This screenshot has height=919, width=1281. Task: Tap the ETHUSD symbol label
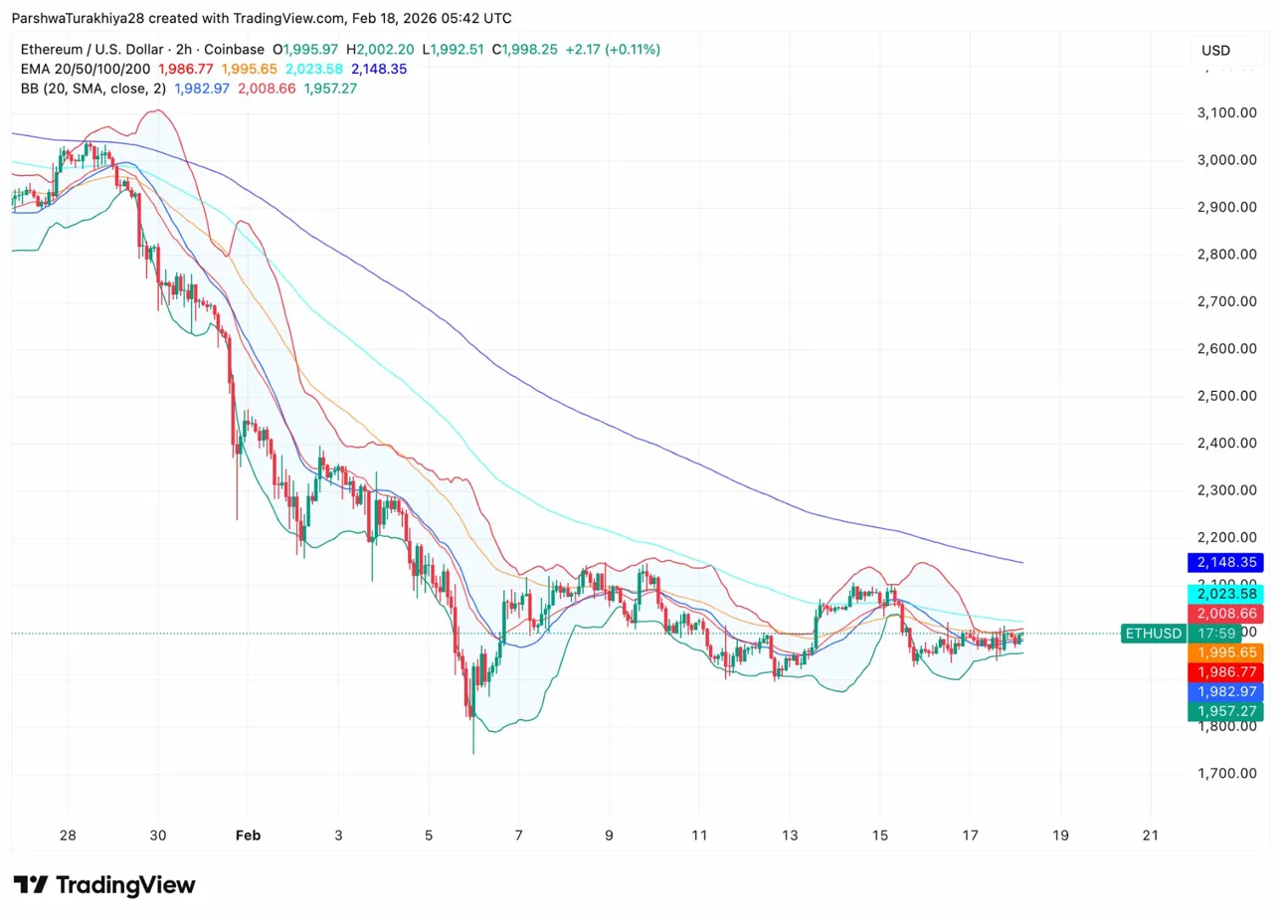tap(1152, 633)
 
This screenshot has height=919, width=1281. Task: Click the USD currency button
tap(1215, 51)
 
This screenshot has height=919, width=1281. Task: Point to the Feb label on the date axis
tap(248, 835)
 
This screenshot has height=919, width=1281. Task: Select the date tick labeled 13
tap(791, 835)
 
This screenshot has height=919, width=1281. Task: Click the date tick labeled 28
tap(68, 835)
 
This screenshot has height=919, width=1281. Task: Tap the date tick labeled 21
tap(1152, 835)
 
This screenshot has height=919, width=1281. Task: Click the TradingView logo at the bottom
tap(104, 885)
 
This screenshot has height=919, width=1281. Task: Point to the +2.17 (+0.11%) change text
tap(613, 49)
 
